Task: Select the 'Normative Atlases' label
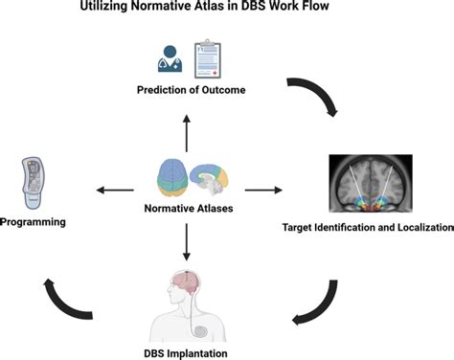(189, 208)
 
